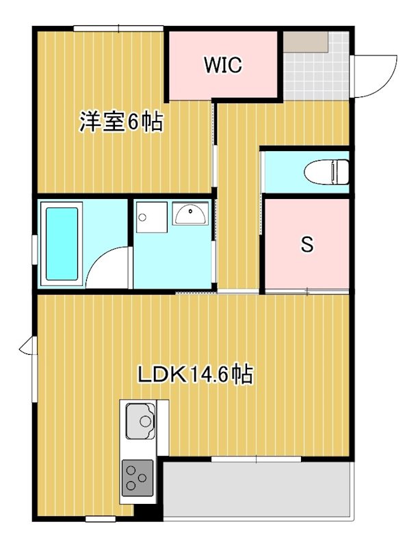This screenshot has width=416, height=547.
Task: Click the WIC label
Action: coord(222,66)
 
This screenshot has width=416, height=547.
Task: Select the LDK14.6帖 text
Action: coord(196,374)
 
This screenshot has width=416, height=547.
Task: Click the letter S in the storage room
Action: coord(307,244)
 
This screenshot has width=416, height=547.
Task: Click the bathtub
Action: coord(62,244)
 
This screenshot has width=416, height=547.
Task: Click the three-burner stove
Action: coord(138,477)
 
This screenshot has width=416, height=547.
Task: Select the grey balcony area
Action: coord(257,490)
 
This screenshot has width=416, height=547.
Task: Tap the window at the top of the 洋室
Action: coord(118,28)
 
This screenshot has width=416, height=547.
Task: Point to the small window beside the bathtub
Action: coord(34,248)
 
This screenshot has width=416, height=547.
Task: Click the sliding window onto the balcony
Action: coord(257,459)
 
